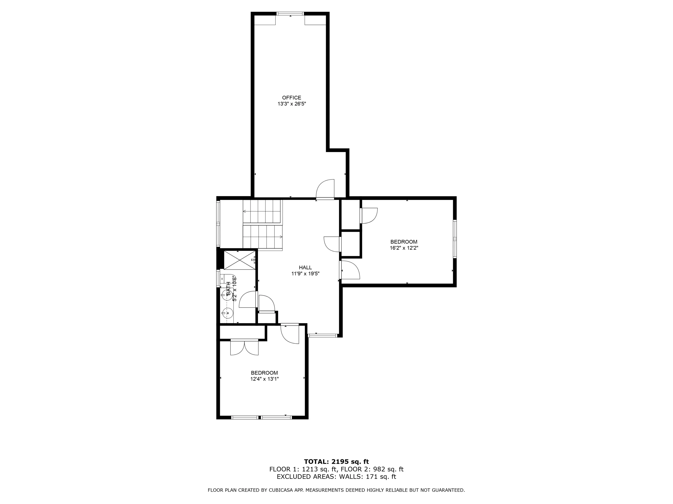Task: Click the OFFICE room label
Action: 291,98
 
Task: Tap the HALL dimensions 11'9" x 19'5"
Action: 305,273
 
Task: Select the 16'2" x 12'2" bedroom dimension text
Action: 404,248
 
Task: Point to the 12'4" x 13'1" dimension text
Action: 264,379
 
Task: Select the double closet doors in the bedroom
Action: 244,347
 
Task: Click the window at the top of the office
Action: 290,13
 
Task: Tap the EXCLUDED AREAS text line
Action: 336,477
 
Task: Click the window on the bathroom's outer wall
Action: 218,278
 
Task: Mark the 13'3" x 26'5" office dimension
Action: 291,104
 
